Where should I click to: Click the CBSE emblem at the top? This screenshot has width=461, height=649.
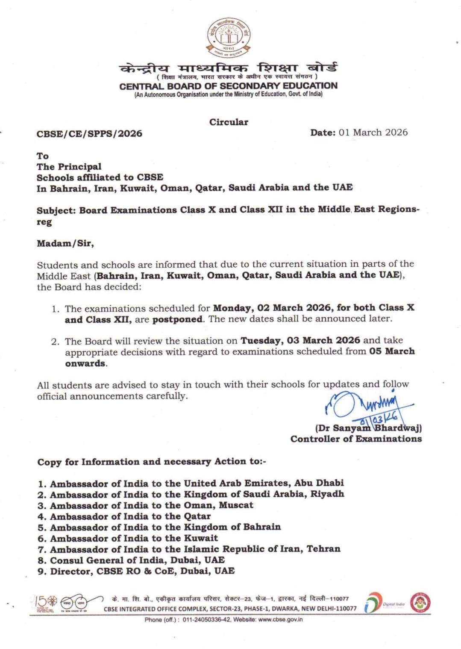(229, 38)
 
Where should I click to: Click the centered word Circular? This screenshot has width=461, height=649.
(229, 122)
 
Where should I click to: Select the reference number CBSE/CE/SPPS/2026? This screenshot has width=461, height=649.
(89, 134)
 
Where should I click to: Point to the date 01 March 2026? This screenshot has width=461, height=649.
(373, 133)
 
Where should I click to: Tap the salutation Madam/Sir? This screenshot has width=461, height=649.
(65, 244)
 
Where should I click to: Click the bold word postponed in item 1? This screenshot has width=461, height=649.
(178, 319)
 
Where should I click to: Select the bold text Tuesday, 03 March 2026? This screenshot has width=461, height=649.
(300, 341)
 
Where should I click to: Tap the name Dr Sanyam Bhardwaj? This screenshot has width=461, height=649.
(368, 428)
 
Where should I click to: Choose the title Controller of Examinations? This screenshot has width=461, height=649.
(356, 439)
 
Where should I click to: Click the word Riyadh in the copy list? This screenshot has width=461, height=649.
(327, 495)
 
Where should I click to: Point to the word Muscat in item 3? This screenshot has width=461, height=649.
(236, 505)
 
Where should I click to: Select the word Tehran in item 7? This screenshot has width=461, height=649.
(323, 549)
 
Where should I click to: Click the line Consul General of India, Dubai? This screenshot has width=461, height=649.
(131, 560)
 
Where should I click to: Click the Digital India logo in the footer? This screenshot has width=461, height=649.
(383, 603)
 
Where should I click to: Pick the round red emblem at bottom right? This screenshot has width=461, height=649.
(420, 603)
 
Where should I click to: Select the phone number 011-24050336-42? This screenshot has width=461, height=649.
(207, 619)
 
